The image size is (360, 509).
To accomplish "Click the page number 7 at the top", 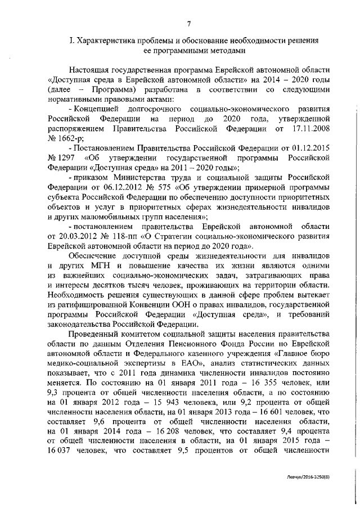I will point(190,23).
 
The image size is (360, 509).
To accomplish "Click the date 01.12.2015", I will point(307,148).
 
